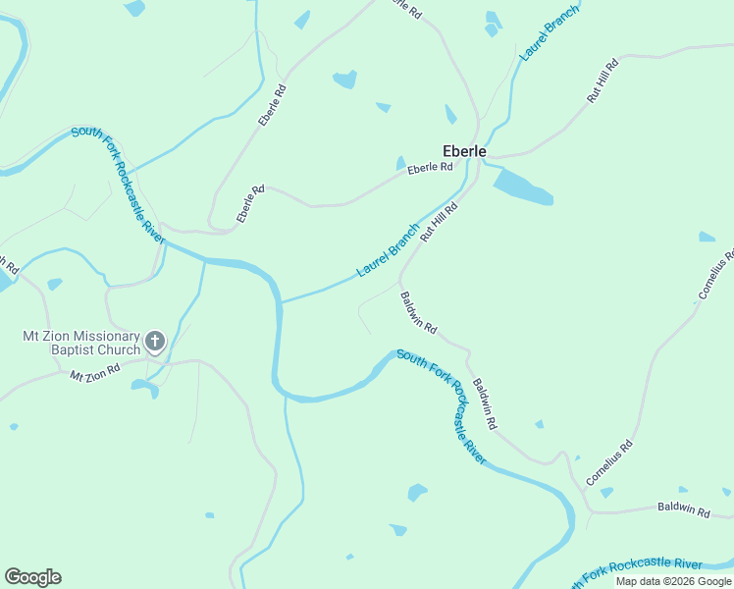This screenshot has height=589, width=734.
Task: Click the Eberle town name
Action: (464, 151)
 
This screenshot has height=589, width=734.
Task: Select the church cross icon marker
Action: (154, 341)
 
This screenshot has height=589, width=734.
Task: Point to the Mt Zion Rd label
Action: (94, 371)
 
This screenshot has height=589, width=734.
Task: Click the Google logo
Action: (32, 577)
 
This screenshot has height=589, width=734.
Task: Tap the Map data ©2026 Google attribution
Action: (673, 581)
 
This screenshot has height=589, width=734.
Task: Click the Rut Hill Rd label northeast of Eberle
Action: (602, 81)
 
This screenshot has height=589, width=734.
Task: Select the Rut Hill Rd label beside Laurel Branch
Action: (440, 223)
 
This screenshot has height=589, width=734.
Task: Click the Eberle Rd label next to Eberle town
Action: (430, 168)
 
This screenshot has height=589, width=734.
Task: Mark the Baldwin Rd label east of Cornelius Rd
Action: (684, 509)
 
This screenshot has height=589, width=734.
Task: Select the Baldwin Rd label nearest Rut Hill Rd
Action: (418, 312)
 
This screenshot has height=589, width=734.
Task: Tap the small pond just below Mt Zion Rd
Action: (145, 388)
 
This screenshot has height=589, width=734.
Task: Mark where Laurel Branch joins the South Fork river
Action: (282, 302)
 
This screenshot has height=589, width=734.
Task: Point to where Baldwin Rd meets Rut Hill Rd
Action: (400, 278)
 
